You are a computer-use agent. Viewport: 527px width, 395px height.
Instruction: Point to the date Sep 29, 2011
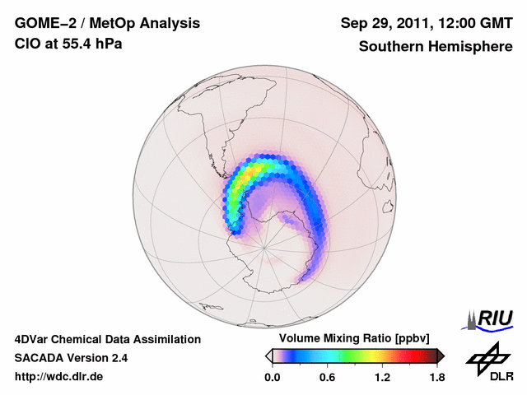[x=384, y=23]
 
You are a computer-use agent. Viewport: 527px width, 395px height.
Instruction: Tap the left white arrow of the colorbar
[x=269, y=355]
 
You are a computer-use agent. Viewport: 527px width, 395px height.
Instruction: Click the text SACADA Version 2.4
[x=71, y=358]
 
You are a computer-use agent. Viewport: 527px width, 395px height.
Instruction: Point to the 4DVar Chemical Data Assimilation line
[x=107, y=339]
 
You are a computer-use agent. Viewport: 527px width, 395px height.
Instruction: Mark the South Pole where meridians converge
[x=264, y=245]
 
